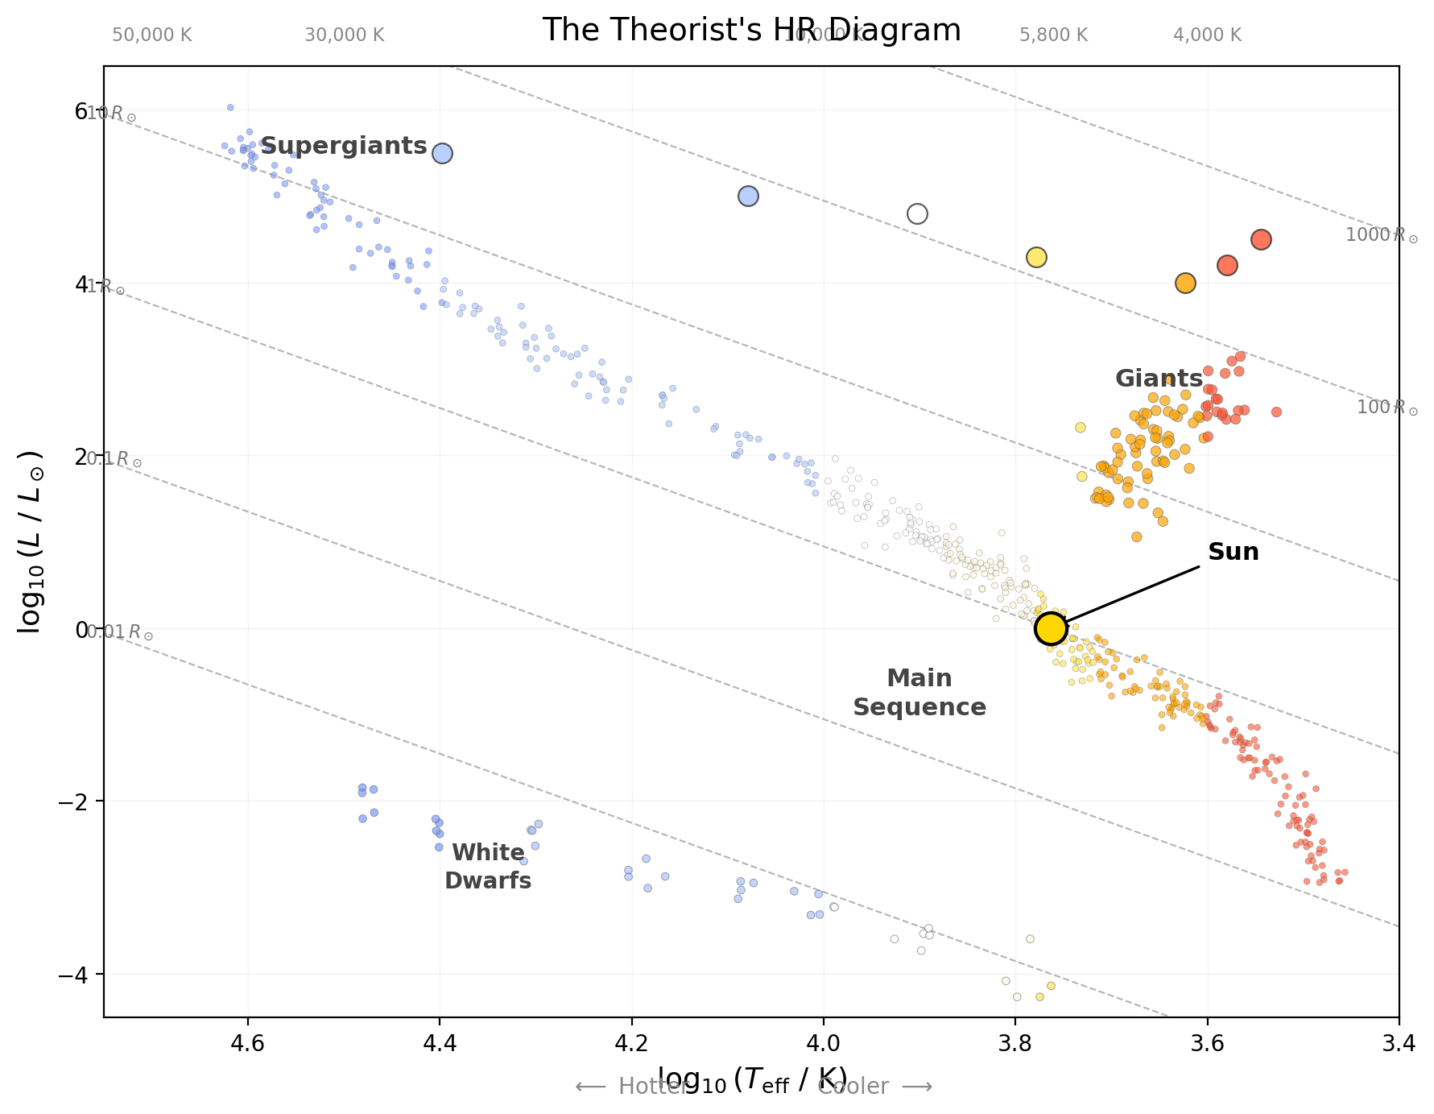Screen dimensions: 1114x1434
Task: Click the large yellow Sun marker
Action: coord(1051,628)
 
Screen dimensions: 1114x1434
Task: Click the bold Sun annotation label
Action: coord(1233,552)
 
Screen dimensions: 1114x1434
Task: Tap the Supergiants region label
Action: coord(344,146)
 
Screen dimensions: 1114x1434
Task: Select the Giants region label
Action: coord(1158,378)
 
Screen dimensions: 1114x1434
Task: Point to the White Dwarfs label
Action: coord(488,867)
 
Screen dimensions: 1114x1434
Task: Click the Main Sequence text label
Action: coord(919,693)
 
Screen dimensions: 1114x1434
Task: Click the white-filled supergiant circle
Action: coord(917,213)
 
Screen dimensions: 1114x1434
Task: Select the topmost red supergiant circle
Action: coord(1261,239)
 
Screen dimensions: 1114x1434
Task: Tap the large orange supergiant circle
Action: coord(1184,283)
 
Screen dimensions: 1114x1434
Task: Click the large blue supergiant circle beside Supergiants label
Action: coord(442,153)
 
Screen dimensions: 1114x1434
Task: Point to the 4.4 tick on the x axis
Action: coord(439,1043)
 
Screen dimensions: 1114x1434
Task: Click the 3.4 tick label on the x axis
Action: coord(1399,1043)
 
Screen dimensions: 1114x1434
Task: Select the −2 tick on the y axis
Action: coord(81,801)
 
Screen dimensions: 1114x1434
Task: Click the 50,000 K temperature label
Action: coord(151,35)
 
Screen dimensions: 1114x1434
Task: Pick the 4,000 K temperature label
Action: coord(1207,35)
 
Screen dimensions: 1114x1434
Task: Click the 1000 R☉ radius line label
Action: coord(1381,235)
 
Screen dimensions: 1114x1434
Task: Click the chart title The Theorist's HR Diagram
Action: coord(751,30)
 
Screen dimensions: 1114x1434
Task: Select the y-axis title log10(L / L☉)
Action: coord(31,541)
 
